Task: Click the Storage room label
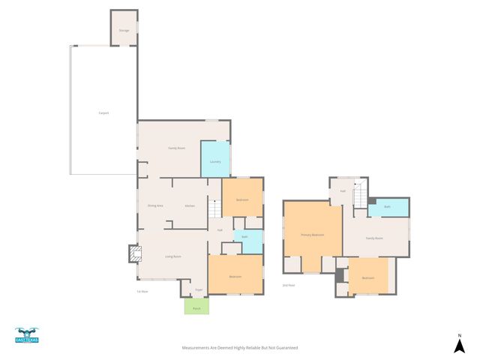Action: pyautogui.click(x=124, y=31)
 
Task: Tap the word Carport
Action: pyautogui.click(x=103, y=113)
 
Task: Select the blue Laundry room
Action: pyautogui.click(x=214, y=160)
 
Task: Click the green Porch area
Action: pyautogui.click(x=197, y=307)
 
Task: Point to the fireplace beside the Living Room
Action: pyautogui.click(x=133, y=255)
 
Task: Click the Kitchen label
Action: pyautogui.click(x=190, y=205)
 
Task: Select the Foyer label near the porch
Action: pyautogui.click(x=199, y=289)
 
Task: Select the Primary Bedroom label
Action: pyautogui.click(x=312, y=235)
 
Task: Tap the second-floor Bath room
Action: pyautogui.click(x=388, y=207)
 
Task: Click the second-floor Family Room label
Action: pyautogui.click(x=374, y=238)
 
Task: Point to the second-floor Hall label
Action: pyautogui.click(x=343, y=191)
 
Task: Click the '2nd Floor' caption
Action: pyautogui.click(x=288, y=286)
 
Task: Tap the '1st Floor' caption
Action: pyautogui.click(x=142, y=292)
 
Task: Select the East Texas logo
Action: pyautogui.click(x=26, y=336)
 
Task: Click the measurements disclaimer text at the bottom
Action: pyautogui.click(x=240, y=348)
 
